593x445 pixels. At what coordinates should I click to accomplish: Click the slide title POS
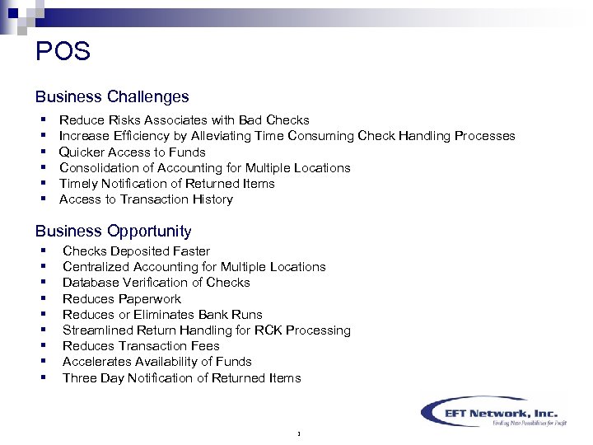coord(63,52)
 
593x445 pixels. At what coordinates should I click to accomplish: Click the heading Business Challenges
coord(112,97)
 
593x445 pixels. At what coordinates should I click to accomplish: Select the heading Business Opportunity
coord(113,232)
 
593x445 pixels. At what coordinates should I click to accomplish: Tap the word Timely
coord(78,184)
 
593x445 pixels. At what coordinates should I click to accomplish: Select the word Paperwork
coord(150,299)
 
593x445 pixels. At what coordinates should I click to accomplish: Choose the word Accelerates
coord(98,362)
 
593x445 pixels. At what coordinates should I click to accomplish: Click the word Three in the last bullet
coord(80,378)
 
